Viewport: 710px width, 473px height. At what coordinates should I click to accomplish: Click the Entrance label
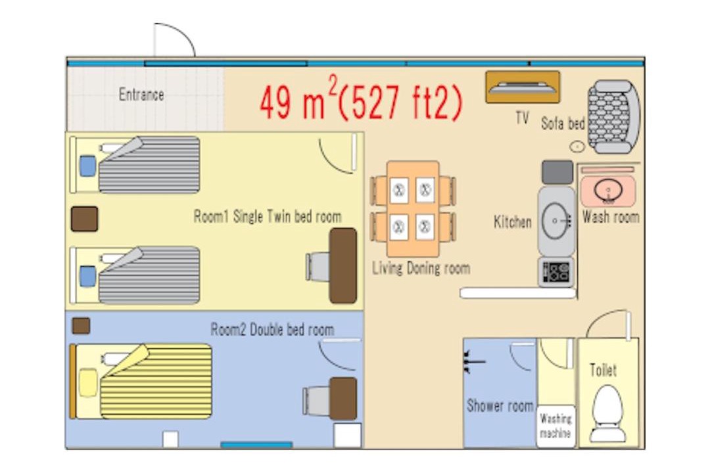coord(141,95)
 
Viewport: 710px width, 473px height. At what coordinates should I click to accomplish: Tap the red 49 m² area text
coord(361,101)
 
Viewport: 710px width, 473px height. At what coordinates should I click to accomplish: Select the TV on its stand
coord(523,87)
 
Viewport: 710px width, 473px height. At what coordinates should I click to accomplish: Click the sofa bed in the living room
coord(613,117)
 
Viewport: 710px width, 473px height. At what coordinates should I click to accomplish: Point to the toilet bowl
coord(607,413)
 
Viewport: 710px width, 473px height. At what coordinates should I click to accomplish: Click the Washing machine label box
coord(556,426)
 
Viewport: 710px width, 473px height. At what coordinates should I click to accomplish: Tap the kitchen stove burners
coord(556,272)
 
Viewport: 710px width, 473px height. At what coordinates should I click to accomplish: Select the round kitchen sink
coord(555,221)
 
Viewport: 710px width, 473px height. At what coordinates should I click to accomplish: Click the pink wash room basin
coord(608,190)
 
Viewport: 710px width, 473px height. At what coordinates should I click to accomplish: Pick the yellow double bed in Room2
coord(142,381)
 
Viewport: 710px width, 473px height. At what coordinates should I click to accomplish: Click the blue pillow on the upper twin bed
coord(88,166)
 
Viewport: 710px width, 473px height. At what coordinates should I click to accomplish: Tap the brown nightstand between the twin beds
coord(84,219)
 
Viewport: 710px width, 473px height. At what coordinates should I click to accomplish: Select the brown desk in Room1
coord(343,265)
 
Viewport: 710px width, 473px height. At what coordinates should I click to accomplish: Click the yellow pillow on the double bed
coord(88,382)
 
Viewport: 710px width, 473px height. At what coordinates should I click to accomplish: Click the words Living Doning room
coord(421,268)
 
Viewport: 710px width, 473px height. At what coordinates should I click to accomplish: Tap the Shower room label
coord(500,405)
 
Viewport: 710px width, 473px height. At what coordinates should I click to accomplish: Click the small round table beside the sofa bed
coord(577,146)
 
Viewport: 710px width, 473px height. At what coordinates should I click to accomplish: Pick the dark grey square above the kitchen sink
coord(557,172)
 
